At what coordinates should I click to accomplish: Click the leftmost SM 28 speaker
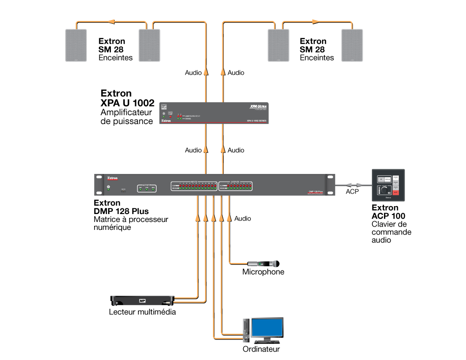(75, 45)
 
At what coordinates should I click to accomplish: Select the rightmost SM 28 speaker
(352, 45)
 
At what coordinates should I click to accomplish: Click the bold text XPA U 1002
(127, 103)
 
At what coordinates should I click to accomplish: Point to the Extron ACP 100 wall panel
(388, 185)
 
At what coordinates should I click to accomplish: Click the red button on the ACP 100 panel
(396, 192)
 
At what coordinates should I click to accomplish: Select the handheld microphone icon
(263, 263)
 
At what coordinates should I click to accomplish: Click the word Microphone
(263, 272)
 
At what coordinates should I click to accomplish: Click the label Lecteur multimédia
(142, 312)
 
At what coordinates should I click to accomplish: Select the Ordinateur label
(261, 349)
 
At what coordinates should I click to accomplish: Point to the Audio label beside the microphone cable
(242, 218)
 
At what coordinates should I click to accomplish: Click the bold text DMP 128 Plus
(121, 211)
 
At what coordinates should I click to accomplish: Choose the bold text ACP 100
(388, 216)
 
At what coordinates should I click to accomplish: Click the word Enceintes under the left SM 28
(116, 58)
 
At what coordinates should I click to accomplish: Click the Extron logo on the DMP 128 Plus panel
(113, 178)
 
